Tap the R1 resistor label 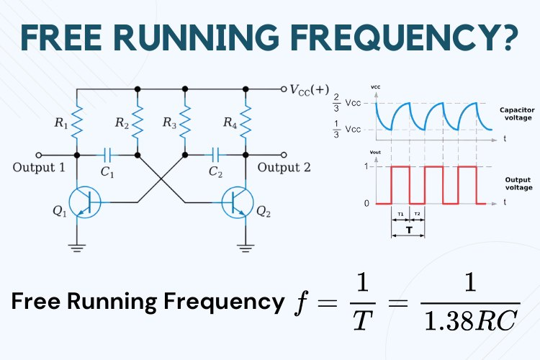pos(60,125)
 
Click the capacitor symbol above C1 pos(107,154)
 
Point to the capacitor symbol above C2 pos(214,154)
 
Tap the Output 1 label pos(40,168)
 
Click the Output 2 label pos(284,168)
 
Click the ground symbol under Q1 pos(77,248)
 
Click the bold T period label pos(408,232)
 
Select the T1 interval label pos(400,215)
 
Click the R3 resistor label pos(169,125)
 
